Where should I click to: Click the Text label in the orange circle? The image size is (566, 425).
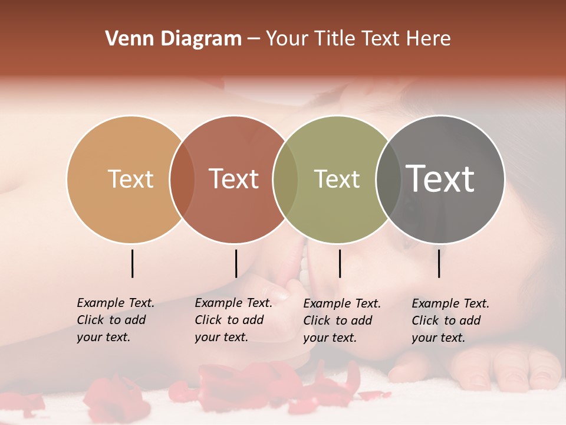point(130,179)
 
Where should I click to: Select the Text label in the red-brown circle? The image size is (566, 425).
point(234,179)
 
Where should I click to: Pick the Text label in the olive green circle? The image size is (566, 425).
point(337,179)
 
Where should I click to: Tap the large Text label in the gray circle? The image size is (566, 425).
point(440,179)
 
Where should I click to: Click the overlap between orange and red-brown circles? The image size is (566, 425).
point(182,179)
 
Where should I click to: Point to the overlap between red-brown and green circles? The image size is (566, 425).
point(285,179)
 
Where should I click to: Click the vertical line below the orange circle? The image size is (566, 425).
point(132,263)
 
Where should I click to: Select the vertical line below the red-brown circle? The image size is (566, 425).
point(236,263)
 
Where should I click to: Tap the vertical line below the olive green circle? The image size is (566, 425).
point(340,263)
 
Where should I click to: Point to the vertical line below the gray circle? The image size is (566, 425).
point(439,263)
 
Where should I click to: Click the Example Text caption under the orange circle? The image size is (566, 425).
point(115,320)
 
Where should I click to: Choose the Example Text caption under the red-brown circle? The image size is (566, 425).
point(233,320)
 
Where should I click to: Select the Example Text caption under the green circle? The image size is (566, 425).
point(341,321)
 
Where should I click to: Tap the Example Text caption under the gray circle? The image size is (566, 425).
point(450,321)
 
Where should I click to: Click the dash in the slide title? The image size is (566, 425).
point(254,40)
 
